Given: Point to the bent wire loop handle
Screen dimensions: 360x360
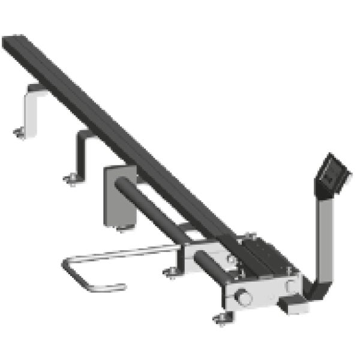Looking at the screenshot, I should pos(90,274).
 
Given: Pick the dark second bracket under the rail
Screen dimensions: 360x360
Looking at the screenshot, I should pos(80,153).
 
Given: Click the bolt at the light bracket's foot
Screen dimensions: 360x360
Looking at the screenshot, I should pos(20,133).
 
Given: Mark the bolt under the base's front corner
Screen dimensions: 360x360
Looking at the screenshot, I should pos(222,317).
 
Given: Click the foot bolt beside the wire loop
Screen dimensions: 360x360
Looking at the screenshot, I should pos(171,274).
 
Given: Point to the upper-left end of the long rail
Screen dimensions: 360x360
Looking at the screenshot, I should pos(13,43).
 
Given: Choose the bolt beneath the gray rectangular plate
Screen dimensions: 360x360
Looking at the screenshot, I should pos(122,227).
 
